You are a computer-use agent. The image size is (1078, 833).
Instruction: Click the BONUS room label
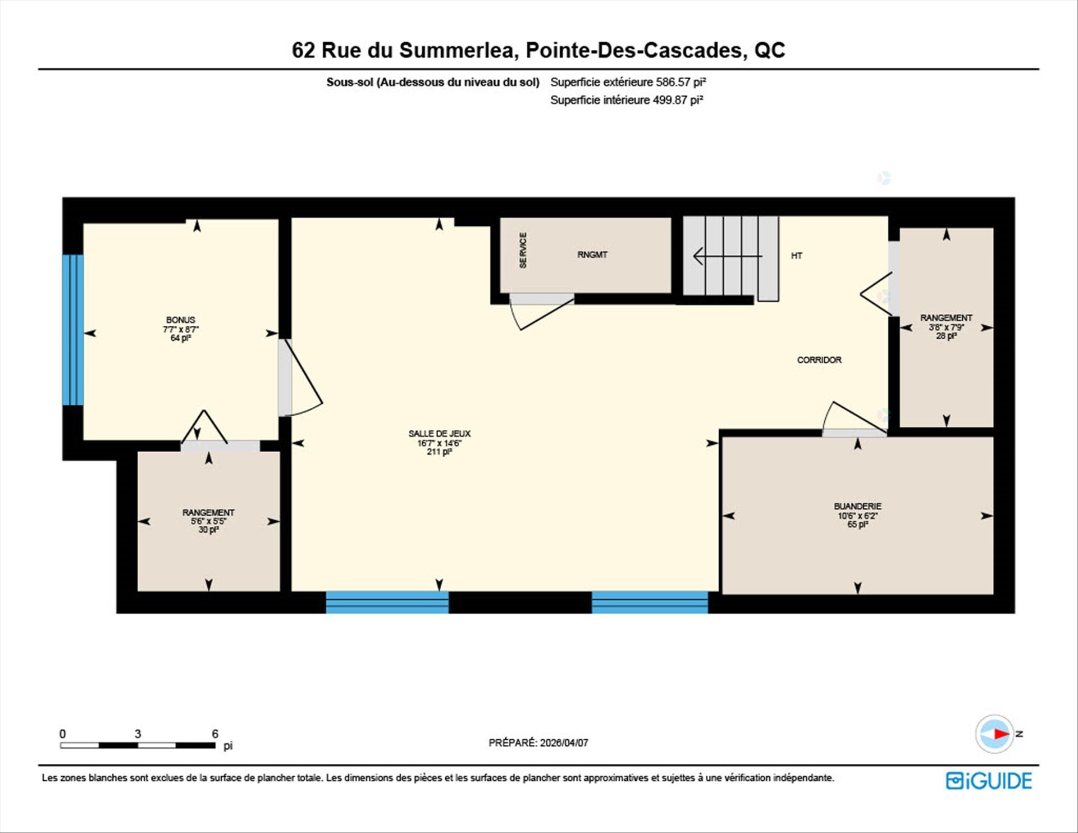180,320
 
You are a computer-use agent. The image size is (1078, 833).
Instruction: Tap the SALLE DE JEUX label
439,434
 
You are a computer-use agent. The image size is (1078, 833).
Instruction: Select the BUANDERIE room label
857,507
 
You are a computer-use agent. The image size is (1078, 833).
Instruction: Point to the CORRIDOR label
819,360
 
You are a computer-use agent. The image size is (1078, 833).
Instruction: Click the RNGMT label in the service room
592,255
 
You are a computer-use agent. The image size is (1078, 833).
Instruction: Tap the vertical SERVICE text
523,251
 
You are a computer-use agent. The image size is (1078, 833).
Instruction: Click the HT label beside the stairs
796,256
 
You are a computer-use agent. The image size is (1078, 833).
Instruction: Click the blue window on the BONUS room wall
73,330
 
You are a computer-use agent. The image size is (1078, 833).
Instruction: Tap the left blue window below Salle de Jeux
387,602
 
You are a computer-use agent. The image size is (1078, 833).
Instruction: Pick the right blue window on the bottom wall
650,602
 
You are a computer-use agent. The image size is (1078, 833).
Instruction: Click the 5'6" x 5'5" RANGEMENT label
208,513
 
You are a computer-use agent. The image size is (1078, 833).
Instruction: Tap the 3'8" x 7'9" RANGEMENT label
946,318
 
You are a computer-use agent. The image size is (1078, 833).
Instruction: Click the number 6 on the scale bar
215,734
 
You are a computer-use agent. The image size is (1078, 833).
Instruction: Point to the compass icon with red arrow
995,734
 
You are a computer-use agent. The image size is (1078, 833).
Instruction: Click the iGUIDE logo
989,781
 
